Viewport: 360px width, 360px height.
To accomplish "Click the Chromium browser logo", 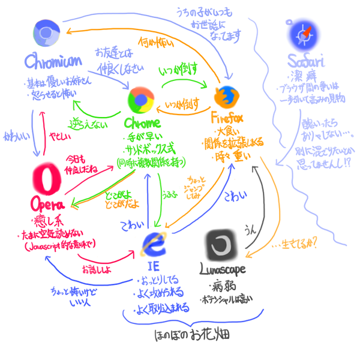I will coord(44,33).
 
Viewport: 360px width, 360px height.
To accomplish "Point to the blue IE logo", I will coord(155,245).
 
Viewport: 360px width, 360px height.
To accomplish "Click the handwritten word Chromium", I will coord(54,62).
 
